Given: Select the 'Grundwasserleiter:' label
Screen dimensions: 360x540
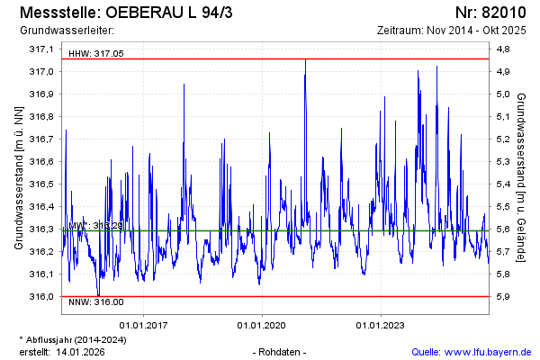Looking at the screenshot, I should [60, 31].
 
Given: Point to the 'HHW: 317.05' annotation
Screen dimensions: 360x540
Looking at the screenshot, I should [95, 54].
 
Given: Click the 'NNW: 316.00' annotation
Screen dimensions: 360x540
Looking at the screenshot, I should [95, 303].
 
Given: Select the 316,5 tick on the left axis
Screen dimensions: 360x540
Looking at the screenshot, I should [41, 184].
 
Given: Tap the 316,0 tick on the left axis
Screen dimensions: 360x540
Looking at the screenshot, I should [41, 296].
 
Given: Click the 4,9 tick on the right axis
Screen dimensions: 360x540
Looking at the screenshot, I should [504, 71].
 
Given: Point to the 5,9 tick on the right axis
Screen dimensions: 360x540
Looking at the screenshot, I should [504, 296].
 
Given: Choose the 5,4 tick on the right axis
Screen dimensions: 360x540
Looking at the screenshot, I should [504, 184].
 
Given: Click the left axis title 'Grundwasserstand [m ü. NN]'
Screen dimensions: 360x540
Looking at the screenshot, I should [18, 176].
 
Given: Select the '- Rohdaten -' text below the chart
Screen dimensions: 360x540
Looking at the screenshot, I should [281, 351].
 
